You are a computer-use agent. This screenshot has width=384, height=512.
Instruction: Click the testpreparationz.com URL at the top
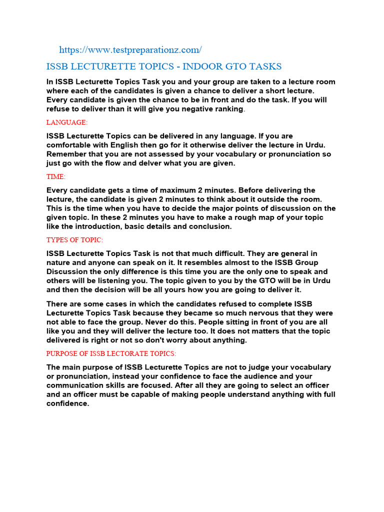[130, 49]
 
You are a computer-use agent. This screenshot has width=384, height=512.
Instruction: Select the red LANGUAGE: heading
[67, 122]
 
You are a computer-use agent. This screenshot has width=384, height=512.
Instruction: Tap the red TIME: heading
[56, 176]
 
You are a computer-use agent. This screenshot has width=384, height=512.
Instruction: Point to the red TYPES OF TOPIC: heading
[74, 240]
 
